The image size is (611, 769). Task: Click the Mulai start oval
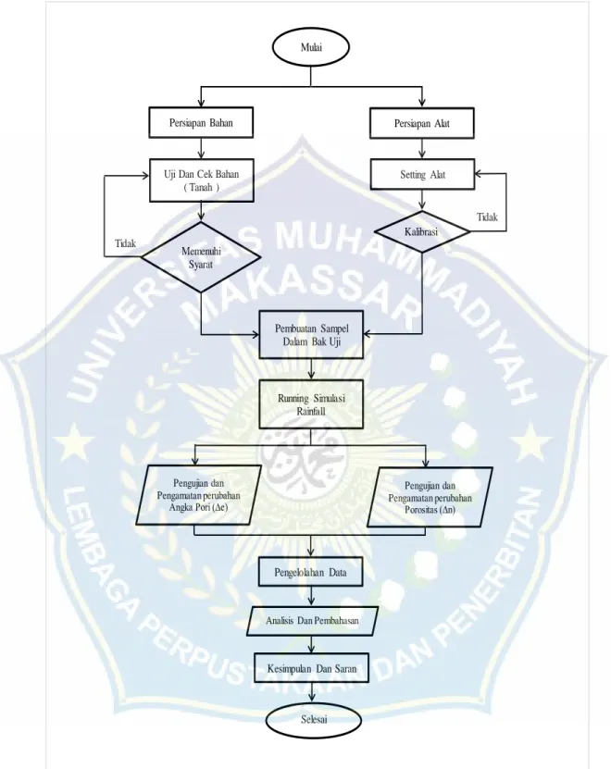[311, 47]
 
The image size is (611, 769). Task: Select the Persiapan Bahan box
[201, 122]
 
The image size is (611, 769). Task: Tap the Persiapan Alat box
[422, 123]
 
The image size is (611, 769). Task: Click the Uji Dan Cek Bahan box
[201, 180]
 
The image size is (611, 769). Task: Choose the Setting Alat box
[422, 174]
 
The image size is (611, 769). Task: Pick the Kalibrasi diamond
[422, 232]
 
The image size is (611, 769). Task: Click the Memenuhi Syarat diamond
[201, 257]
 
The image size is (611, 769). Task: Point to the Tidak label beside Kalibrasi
[487, 217]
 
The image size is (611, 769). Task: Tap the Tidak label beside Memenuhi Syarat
[125, 243]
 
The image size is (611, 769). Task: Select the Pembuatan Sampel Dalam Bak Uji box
[311, 334]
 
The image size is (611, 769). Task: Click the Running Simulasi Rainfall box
[311, 404]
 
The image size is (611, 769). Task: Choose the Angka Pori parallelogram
[198, 495]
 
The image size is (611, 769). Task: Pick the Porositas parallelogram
[430, 497]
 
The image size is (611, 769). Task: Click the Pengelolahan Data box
[311, 572]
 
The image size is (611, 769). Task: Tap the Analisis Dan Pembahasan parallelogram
[312, 621]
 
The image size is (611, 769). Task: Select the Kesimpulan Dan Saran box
[312, 668]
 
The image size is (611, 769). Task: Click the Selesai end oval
[314, 719]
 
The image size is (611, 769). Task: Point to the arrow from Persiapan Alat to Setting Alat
[422, 149]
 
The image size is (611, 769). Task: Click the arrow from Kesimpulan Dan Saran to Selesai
[312, 693]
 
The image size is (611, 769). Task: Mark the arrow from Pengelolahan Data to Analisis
[311, 596]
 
